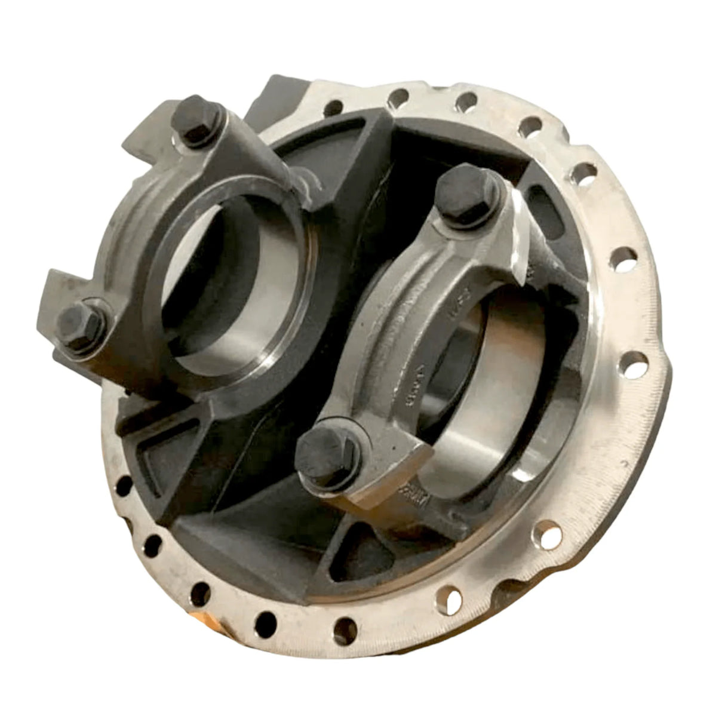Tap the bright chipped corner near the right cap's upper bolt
[x=529, y=272]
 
